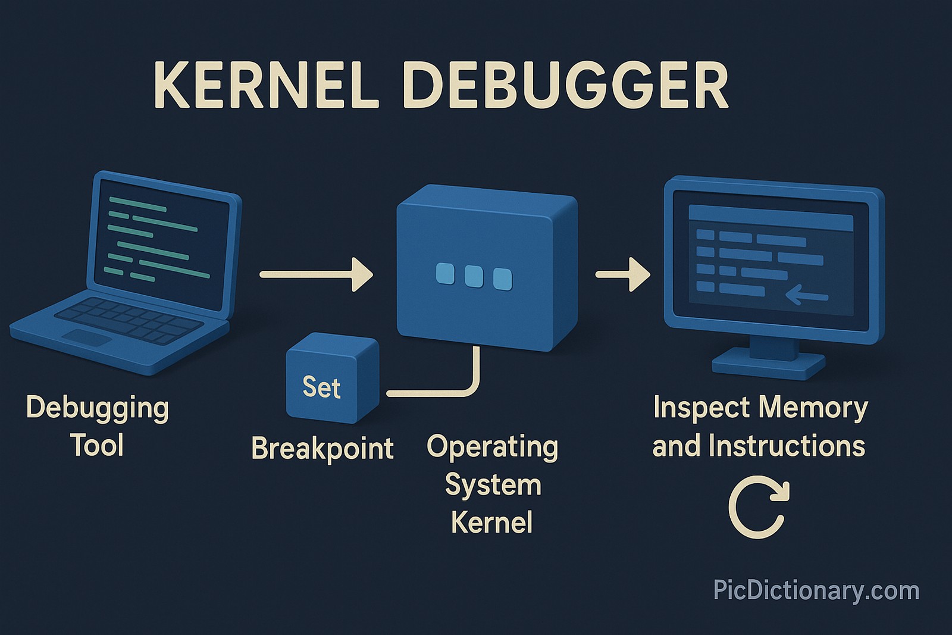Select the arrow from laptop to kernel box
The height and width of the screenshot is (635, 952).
point(316,274)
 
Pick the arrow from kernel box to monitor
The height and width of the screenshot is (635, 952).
point(622,274)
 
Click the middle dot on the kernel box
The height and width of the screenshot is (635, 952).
point(473,277)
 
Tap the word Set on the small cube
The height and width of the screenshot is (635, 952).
point(321,387)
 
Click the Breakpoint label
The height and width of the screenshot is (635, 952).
point(322,448)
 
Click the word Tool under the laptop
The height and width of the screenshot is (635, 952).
point(97,445)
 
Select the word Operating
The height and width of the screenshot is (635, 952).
point(492,448)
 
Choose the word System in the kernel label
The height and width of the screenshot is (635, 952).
point(493,485)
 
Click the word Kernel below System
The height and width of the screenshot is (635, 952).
point(491,523)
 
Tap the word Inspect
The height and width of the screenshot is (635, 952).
point(693,408)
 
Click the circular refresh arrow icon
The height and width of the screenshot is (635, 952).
point(758,507)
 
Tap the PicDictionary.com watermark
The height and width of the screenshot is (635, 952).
point(816,591)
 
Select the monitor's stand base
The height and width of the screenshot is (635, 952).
point(769,363)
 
